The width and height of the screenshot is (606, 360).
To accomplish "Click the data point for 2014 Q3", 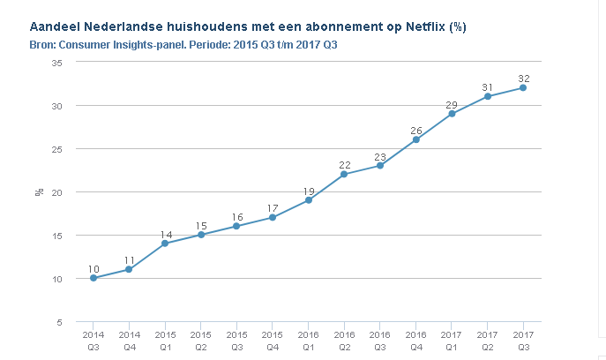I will pos(94,278).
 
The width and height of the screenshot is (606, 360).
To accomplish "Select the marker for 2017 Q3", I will pos(523,87).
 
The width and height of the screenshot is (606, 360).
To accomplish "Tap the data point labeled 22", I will pos(344,174).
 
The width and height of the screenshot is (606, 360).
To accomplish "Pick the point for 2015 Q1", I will pos(165,244).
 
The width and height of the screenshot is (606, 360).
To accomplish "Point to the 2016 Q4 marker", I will pos(415,139).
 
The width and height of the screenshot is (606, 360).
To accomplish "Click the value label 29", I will pos(452,104).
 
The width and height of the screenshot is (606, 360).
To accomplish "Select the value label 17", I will pos(273,208).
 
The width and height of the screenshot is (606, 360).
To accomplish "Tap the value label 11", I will pos(130,260).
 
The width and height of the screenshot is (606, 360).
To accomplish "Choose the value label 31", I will pos(488,86).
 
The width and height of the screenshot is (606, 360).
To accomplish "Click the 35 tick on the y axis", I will pos(57,63).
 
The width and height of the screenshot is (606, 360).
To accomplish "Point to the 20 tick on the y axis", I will pos(57,192).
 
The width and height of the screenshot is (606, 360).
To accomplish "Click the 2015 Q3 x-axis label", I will pos(236,341).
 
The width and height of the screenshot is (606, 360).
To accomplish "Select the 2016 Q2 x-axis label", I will pos(344,341).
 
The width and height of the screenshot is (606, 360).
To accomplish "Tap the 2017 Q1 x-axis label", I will pos(452,341).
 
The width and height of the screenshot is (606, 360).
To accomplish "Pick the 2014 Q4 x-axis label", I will pos(130,341).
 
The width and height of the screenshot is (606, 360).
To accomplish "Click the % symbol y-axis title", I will pos(40,191).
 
